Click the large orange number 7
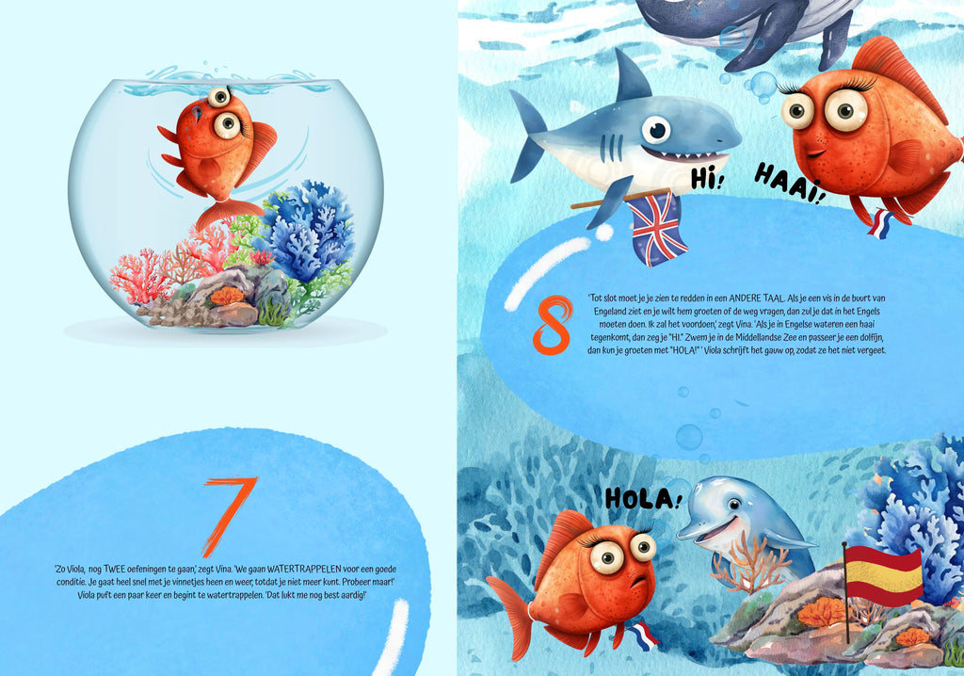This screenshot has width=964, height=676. click(x=229, y=515)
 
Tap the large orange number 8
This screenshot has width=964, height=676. click(x=553, y=325)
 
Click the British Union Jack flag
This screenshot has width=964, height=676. click(x=657, y=229)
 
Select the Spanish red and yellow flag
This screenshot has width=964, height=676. click(x=883, y=576)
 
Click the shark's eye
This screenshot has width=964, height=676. click(x=656, y=130)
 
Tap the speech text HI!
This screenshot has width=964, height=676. click(x=708, y=178)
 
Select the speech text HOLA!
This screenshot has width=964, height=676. click(x=643, y=498)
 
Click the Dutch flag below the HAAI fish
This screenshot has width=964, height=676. click(x=880, y=224)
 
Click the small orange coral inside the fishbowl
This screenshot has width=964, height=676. click(x=227, y=296)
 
